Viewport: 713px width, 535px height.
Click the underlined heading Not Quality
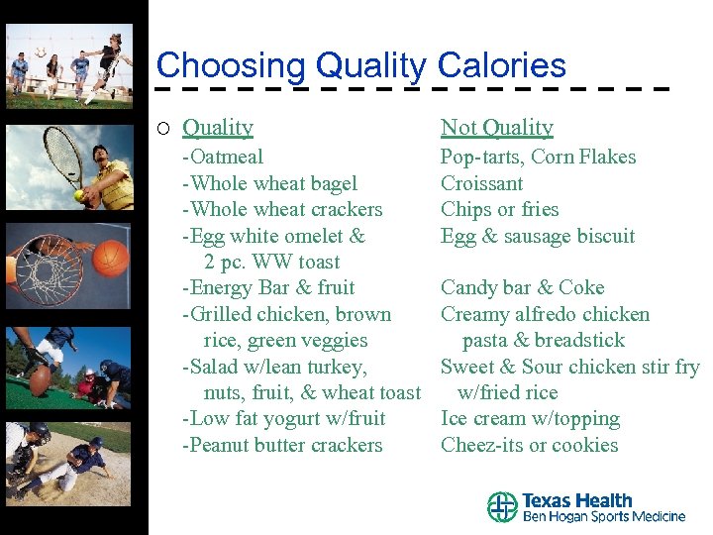(x=496, y=127)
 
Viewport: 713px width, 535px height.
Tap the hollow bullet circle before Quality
(x=163, y=128)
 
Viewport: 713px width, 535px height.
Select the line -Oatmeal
(x=223, y=157)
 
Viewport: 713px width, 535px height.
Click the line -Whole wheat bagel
(x=269, y=183)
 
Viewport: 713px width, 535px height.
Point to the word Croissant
(x=481, y=183)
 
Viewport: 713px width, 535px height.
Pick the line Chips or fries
(x=499, y=209)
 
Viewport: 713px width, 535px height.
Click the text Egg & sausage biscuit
(x=538, y=236)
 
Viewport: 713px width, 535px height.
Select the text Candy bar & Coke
(x=522, y=287)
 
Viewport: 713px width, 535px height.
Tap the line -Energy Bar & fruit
(x=268, y=287)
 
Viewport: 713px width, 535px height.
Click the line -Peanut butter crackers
(x=282, y=445)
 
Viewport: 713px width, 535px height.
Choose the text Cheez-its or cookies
(x=529, y=445)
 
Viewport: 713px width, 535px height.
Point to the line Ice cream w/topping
(x=530, y=419)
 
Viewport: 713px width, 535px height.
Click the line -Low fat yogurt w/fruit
(x=284, y=419)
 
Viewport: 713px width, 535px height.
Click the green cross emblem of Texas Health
(x=502, y=507)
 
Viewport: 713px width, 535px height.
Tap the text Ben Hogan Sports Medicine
(x=603, y=516)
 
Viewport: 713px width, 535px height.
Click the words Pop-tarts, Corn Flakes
(x=538, y=157)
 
